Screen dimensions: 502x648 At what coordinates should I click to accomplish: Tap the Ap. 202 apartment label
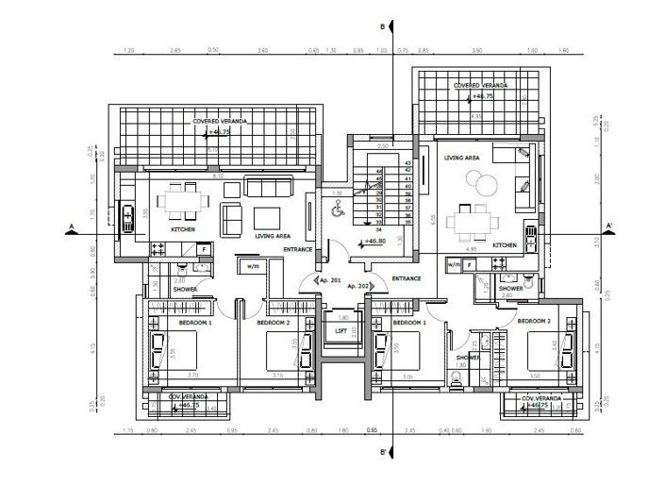pos(357,285)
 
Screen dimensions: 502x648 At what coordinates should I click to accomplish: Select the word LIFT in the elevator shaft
pos(341,330)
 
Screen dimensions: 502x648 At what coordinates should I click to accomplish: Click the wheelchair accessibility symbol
pos(336,212)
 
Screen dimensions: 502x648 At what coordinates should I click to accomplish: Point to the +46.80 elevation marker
pos(374,242)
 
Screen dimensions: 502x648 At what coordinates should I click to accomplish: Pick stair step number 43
pos(408,164)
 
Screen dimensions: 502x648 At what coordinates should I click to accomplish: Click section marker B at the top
pos(381,27)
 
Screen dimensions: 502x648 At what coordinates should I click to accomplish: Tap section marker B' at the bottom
pos(382,452)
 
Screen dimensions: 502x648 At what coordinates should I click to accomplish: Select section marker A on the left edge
pos(71,226)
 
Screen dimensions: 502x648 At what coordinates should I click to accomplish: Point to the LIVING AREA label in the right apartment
pos(462,159)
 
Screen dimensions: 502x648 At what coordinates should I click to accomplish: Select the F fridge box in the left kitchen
pos(203,248)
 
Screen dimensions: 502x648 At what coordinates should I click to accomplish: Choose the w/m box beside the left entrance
pos(254,267)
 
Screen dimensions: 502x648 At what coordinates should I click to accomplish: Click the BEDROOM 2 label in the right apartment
pos(533,322)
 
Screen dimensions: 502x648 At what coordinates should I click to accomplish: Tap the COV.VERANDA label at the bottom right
pos(541,398)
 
